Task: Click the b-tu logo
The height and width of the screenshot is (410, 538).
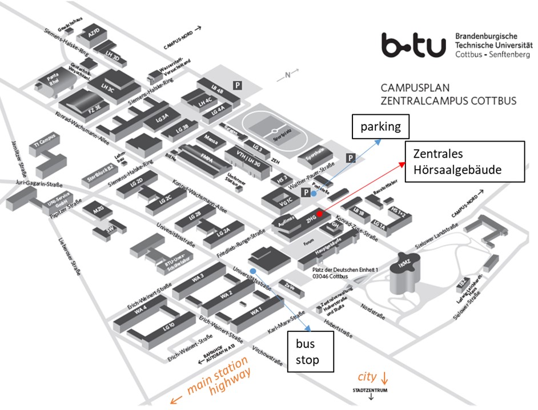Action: pos(413,45)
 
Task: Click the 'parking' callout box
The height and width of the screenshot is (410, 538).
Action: pos(381,127)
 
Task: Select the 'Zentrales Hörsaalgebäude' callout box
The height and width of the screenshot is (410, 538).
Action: pos(464,162)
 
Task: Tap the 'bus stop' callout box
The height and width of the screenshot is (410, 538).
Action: pos(310,352)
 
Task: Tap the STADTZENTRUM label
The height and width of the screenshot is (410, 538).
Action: pos(372,391)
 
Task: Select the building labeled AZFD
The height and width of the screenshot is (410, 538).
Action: pos(93,34)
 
